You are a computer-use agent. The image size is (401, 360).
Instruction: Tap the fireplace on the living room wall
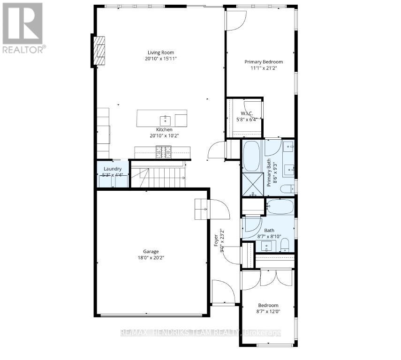(x=98, y=51)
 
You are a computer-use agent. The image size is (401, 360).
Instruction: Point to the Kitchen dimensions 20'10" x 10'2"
(x=164, y=135)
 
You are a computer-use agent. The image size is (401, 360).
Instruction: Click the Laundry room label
(x=113, y=169)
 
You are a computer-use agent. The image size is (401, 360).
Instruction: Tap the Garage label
(x=151, y=251)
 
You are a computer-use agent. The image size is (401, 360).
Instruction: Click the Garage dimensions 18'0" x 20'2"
(x=151, y=257)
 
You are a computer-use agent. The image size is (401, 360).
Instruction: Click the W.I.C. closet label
(x=247, y=113)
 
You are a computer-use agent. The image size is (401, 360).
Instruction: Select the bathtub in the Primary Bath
(x=252, y=155)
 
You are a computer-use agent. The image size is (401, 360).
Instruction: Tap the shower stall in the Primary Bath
(x=252, y=184)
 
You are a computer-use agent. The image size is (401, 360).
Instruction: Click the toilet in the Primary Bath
(x=287, y=189)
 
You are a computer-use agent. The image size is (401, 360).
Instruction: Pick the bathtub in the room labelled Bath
(x=280, y=206)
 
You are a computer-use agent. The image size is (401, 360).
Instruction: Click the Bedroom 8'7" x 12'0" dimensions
(x=269, y=311)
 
